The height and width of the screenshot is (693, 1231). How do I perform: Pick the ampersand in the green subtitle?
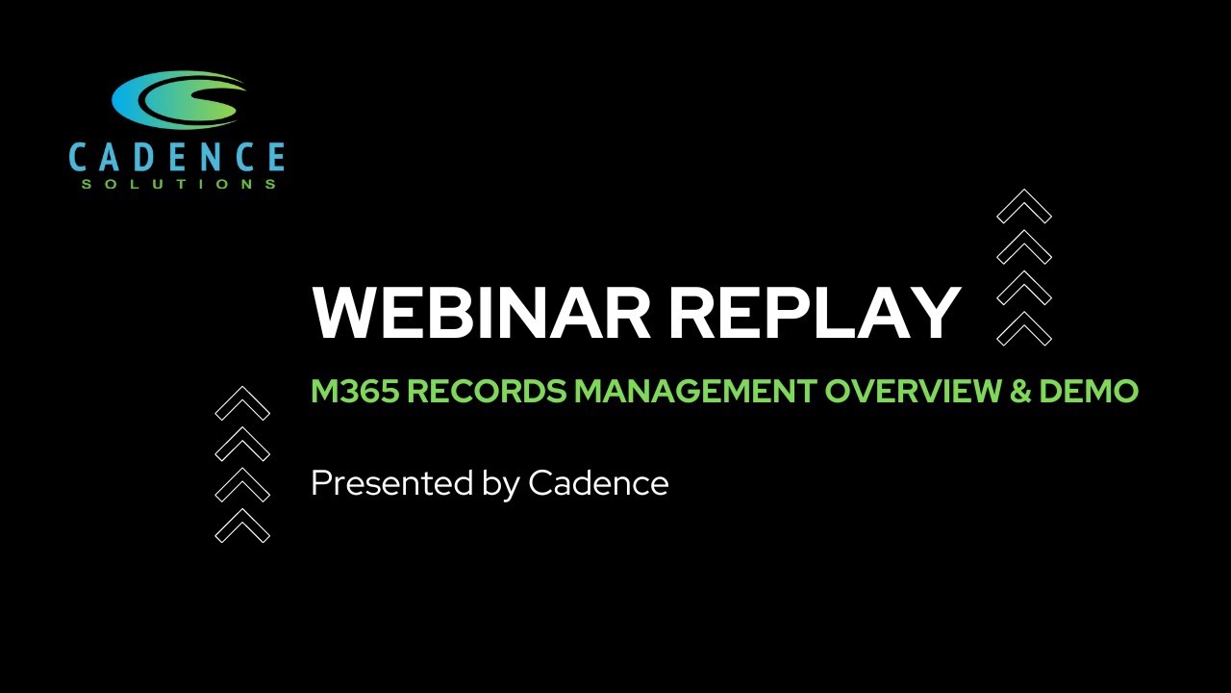click(x=1017, y=392)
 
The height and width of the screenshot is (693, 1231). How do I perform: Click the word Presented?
click(x=391, y=482)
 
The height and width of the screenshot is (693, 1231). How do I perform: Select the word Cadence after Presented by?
click(x=598, y=482)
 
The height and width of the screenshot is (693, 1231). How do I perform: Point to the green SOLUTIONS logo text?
click(x=179, y=184)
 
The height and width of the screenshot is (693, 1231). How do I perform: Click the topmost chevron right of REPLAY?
click(x=1024, y=206)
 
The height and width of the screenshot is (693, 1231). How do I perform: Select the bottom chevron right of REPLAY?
click(x=1024, y=329)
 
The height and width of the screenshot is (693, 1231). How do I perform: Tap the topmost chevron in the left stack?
click(x=242, y=403)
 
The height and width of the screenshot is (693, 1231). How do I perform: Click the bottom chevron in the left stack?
click(x=242, y=526)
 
